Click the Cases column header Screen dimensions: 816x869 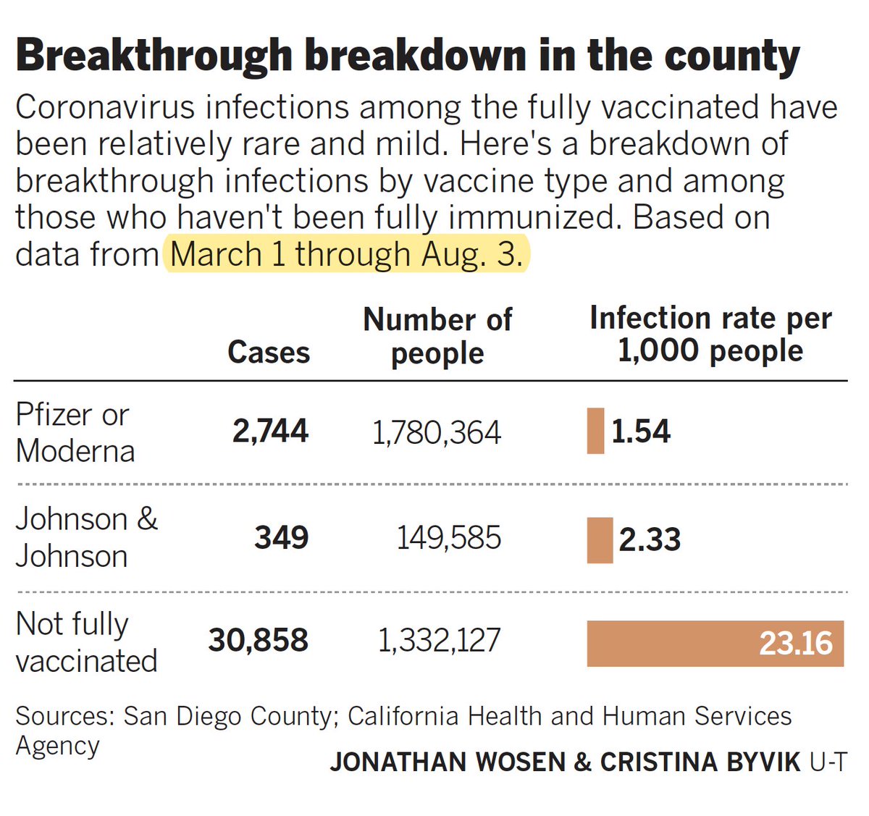point(268,353)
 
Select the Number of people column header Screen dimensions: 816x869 point(437,336)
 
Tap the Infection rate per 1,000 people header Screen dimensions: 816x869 point(710,335)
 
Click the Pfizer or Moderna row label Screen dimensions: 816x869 point(75,432)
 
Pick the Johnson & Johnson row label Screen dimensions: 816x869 point(85,537)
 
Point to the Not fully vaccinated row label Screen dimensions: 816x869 point(85,642)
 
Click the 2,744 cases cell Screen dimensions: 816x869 point(270,431)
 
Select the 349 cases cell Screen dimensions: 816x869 point(281,537)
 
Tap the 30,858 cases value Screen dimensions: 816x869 point(259,640)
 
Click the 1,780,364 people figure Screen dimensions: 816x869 point(436,433)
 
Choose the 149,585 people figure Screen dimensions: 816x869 point(448,538)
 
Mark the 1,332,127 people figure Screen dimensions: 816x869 point(439,641)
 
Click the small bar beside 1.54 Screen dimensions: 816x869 point(595,431)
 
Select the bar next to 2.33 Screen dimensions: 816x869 point(600,539)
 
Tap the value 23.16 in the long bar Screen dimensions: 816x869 point(795,643)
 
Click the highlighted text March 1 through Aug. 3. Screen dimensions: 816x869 point(346,254)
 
